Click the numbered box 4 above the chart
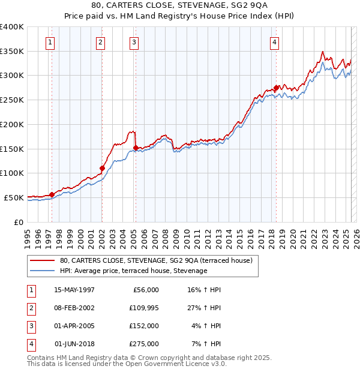click(x=274, y=42)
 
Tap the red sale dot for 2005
click(x=136, y=148)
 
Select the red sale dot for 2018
click(x=276, y=88)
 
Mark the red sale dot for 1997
click(x=52, y=194)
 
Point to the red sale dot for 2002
click(x=102, y=169)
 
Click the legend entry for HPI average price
click(x=133, y=271)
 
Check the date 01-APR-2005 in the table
click(x=74, y=326)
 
